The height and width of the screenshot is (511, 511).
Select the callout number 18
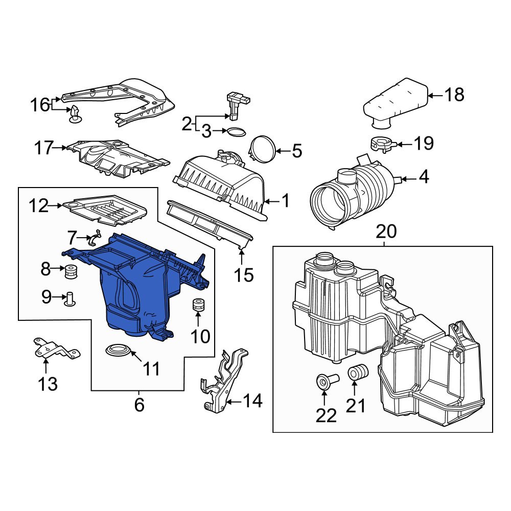pyautogui.click(x=453, y=95)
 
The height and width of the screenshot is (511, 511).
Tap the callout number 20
pyautogui.click(x=386, y=232)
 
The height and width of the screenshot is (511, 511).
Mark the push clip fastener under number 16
pyautogui.click(x=75, y=114)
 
